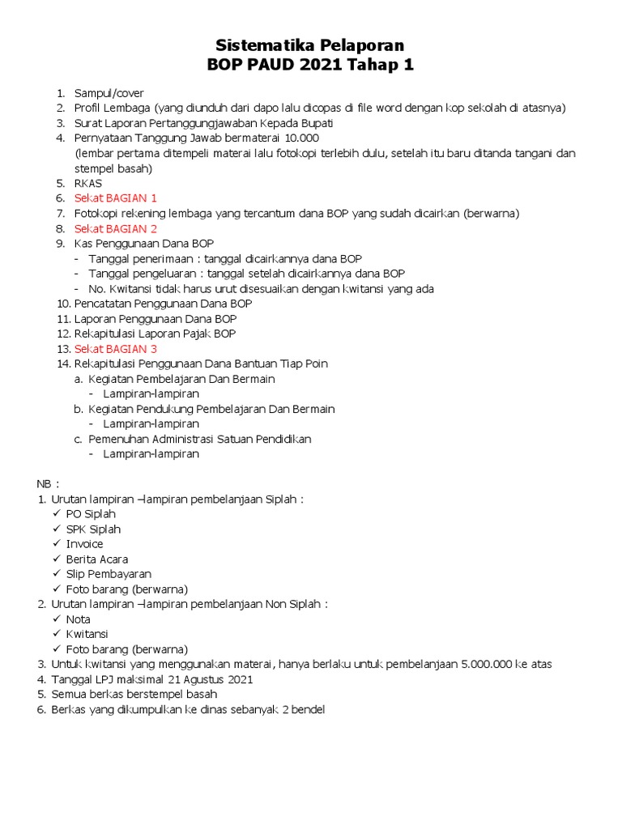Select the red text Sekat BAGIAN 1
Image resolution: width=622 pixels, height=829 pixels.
tap(115, 198)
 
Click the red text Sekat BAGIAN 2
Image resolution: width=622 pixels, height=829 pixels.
tap(115, 228)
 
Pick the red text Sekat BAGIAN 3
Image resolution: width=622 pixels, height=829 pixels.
tap(115, 349)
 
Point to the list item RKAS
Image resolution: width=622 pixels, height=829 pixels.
tap(87, 183)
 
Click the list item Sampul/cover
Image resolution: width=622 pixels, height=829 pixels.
tap(109, 93)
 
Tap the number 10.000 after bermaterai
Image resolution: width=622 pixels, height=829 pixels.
tap(298, 138)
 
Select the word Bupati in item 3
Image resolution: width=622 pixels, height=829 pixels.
tap(317, 123)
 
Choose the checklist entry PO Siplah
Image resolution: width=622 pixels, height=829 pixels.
tap(91, 514)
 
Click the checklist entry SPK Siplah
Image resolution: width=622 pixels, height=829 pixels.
tap(93, 529)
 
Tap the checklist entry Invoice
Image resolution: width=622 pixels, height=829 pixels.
tap(84, 544)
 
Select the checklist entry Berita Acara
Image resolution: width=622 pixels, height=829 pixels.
tap(96, 559)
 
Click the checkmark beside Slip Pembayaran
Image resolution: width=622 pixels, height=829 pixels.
tap(57, 574)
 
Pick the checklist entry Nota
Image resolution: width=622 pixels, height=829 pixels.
tap(78, 619)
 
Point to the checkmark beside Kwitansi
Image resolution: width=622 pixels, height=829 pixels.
tap(57, 634)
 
